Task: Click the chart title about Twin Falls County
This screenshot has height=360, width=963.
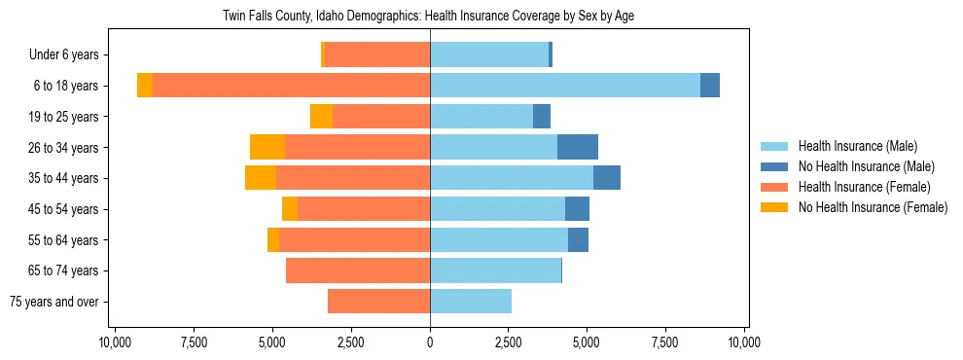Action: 429,17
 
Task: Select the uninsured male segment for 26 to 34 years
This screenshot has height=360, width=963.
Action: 577,147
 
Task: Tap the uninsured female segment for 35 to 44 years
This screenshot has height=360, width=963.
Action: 261,178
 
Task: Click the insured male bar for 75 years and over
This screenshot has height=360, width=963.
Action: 471,302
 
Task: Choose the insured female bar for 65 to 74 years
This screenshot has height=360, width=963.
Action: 358,270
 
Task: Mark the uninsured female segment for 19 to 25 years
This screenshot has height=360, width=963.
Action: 321,117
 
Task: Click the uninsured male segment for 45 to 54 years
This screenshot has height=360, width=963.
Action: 577,209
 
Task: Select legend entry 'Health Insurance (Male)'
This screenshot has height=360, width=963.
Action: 857,146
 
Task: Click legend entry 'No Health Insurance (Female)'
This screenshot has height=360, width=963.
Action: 872,207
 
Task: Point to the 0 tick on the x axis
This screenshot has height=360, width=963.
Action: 430,342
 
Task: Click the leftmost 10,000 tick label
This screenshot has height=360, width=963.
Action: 115,342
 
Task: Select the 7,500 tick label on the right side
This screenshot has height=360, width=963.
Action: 665,342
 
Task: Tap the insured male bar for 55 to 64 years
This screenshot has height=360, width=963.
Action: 499,239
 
